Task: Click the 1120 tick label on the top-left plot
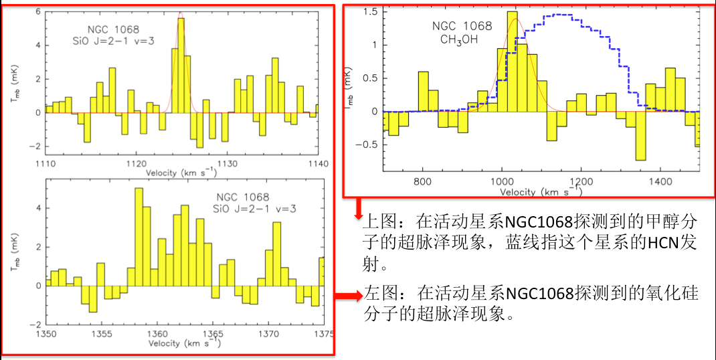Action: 136,163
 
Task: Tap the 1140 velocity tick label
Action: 317,163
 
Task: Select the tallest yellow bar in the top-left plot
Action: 181,66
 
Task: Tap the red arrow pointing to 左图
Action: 347,295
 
